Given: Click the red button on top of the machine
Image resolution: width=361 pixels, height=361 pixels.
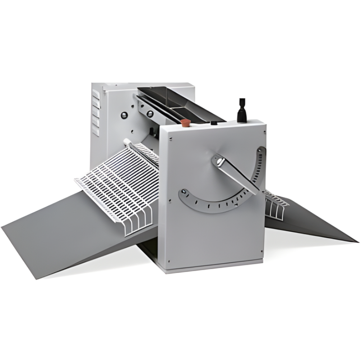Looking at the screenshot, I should (184, 122).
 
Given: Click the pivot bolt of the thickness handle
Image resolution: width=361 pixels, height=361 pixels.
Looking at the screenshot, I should (220, 160).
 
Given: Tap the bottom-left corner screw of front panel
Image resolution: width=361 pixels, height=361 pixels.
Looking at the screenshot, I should (167, 261).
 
